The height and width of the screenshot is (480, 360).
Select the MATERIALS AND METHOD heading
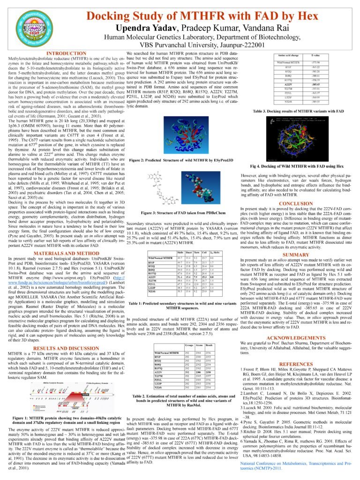[62, 254]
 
